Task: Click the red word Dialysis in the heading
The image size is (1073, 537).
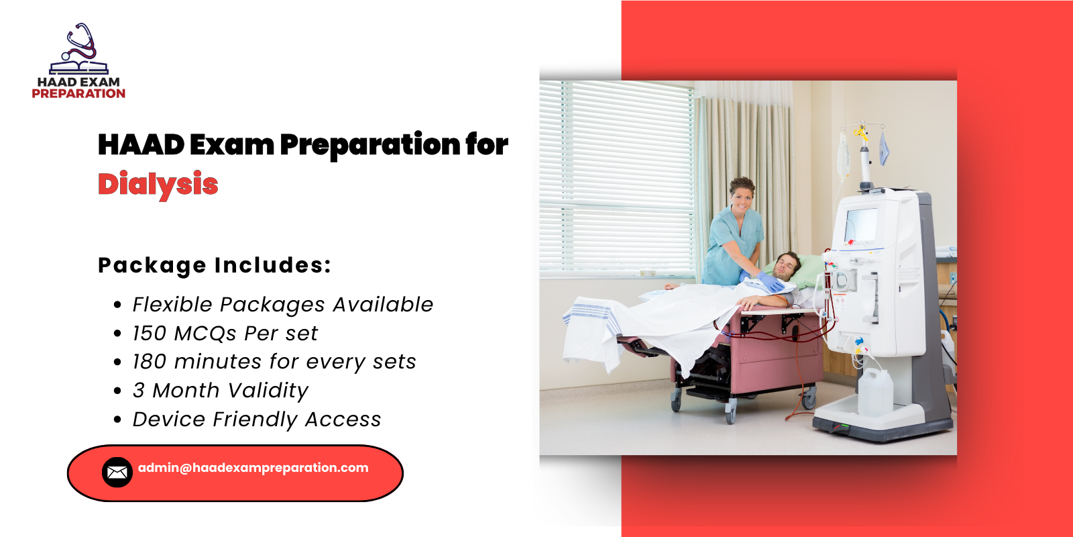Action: point(158,185)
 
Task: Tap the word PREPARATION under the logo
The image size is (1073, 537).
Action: point(78,94)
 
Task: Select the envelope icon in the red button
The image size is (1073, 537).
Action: point(117,473)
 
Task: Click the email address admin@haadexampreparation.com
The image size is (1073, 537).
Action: point(253,468)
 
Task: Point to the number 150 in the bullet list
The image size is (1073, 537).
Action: point(149,334)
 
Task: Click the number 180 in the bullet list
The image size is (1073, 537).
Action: point(149,362)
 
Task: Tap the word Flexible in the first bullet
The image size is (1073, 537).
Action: point(172,305)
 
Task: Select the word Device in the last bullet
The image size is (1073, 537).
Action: point(169,420)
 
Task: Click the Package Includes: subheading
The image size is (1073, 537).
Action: point(215,265)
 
